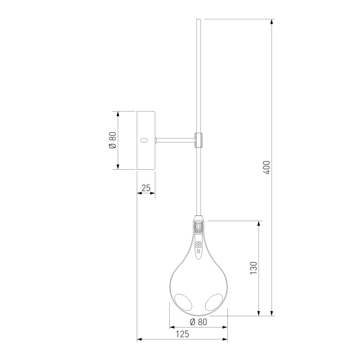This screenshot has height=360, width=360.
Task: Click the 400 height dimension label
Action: point(267,168)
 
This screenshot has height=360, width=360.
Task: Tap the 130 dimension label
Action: point(253,268)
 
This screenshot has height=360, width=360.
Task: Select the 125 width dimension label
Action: point(183,334)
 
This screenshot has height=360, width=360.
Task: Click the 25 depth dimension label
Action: point(146,188)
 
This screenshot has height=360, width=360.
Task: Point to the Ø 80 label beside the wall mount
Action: point(113,140)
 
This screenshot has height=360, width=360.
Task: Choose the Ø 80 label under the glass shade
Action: point(199,322)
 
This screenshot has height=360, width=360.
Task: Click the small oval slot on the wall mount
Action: point(144,140)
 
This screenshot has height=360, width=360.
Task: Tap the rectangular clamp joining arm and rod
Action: point(199,140)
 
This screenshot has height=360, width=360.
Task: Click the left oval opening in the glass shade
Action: point(183,302)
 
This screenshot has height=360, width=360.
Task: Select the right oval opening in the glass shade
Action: point(214,302)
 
